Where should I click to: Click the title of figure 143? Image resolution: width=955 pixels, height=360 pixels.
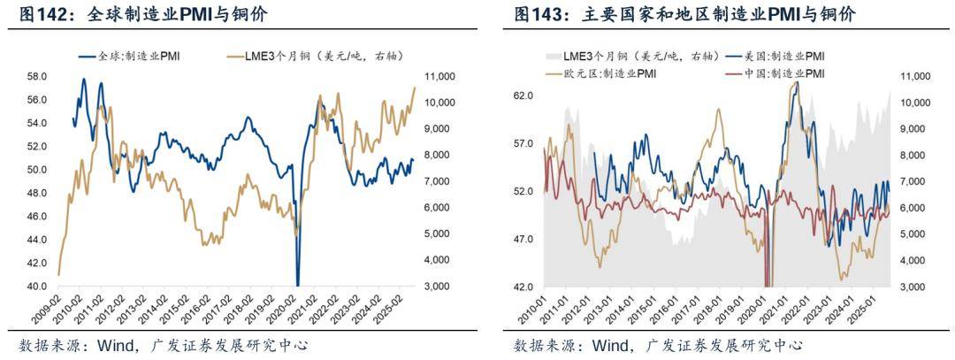[684, 15]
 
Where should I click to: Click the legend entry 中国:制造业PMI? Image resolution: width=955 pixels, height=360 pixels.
[783, 73]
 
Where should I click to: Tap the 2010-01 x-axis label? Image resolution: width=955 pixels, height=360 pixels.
[537, 309]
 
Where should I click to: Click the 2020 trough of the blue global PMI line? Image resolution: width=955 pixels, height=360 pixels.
[298, 283]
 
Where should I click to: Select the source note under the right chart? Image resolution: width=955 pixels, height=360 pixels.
[658, 345]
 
